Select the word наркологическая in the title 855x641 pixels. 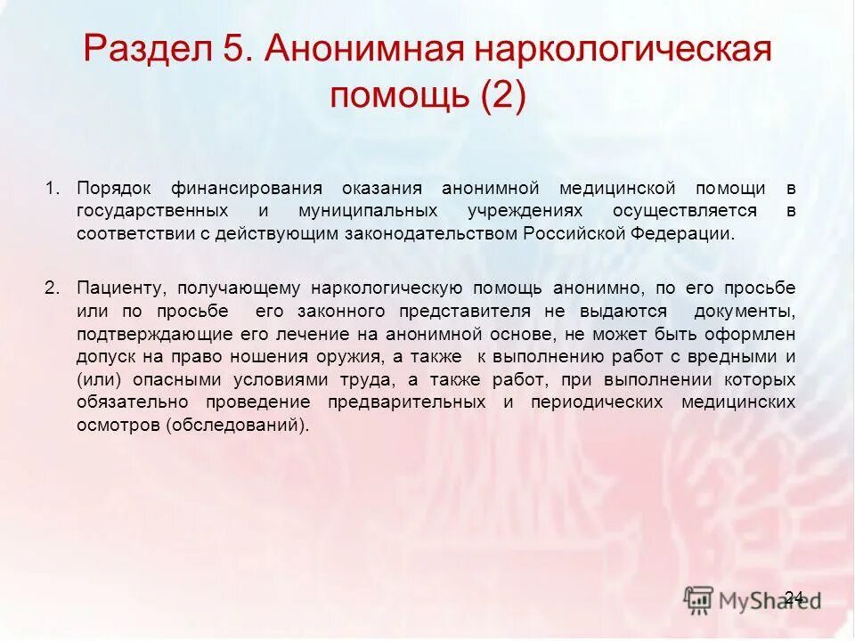pyautogui.click(x=623, y=50)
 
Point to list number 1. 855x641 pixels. pyautogui.click(x=53, y=189)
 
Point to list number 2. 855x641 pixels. pyautogui.click(x=53, y=288)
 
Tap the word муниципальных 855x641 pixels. pyautogui.click(x=361, y=212)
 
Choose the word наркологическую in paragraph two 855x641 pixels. pyautogui.click(x=386, y=288)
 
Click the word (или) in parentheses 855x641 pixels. pyautogui.click(x=94, y=380)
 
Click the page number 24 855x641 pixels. pyautogui.click(x=795, y=596)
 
